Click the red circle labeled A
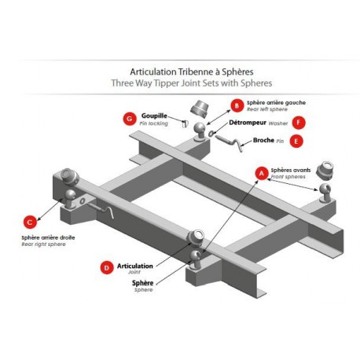point(262,173)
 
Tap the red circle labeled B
point(237,105)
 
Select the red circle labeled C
point(30,222)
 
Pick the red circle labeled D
point(107,267)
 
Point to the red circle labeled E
point(296,141)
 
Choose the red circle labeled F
point(299,123)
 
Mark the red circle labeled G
point(130,119)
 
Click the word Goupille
point(154,116)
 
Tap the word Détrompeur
point(248,123)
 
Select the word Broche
point(263,140)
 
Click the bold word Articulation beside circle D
point(135,266)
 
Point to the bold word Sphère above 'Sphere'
point(142,283)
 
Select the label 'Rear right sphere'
point(43,244)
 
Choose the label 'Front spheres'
point(288,177)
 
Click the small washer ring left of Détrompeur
point(211,134)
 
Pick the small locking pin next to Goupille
point(186,123)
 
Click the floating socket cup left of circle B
point(200,108)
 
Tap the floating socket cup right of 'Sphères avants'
point(325,171)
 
